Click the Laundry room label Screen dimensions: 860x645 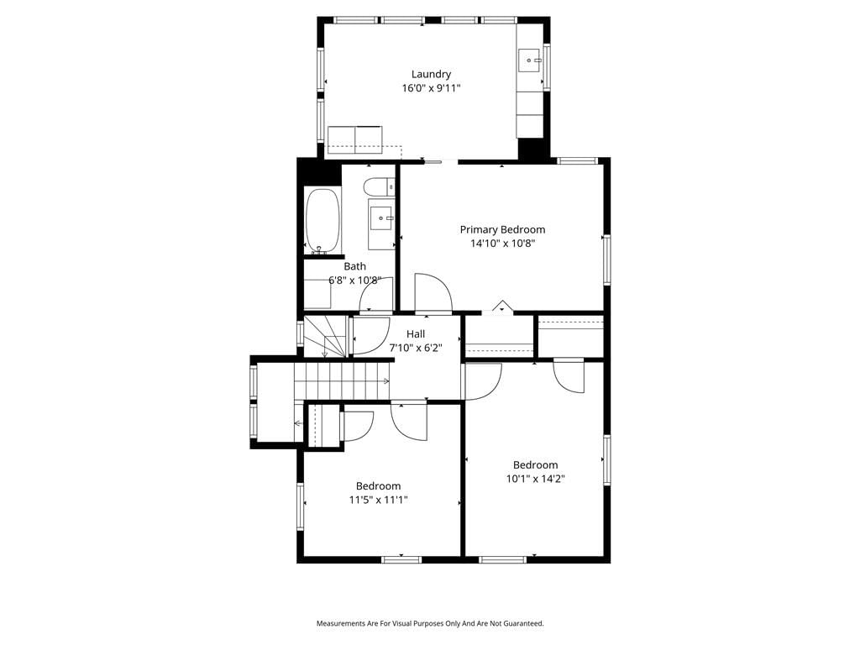tap(431, 75)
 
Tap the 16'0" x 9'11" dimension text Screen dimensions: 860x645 tap(431, 88)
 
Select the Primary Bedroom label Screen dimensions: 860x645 tap(502, 230)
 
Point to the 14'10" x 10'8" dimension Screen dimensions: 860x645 tap(502, 244)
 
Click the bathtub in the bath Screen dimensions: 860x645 tap(323, 221)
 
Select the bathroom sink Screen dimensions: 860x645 tap(381, 218)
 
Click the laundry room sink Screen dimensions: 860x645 tap(530, 60)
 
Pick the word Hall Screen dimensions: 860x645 tap(416, 334)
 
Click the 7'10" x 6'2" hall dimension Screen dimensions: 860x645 tap(416, 348)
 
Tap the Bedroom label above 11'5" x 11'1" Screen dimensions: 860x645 tap(379, 486)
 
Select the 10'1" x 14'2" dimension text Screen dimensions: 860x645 tap(535, 479)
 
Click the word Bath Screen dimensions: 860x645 tap(355, 266)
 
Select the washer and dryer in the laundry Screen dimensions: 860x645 tap(355, 140)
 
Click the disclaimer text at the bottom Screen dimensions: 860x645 tap(430, 624)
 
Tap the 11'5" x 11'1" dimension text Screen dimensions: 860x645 tap(379, 500)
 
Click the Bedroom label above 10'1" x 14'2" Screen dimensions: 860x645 tap(535, 465)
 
